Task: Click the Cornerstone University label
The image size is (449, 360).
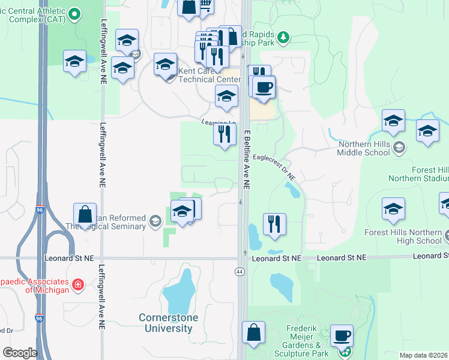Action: coord(166,323)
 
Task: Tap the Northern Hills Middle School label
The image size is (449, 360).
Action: coord(364,148)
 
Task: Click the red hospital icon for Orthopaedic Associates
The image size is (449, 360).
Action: coord(77,285)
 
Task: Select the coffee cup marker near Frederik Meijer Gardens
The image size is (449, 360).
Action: coord(342,336)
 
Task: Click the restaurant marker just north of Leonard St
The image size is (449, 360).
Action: coord(274,224)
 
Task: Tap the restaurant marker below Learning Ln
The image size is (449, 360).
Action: coord(224,133)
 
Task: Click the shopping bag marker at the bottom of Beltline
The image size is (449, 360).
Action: coord(254,333)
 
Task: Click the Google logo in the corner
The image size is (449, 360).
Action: coord(20,353)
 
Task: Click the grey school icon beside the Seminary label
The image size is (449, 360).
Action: coord(155,222)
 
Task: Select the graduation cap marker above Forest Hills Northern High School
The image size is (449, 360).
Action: coord(393,209)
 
